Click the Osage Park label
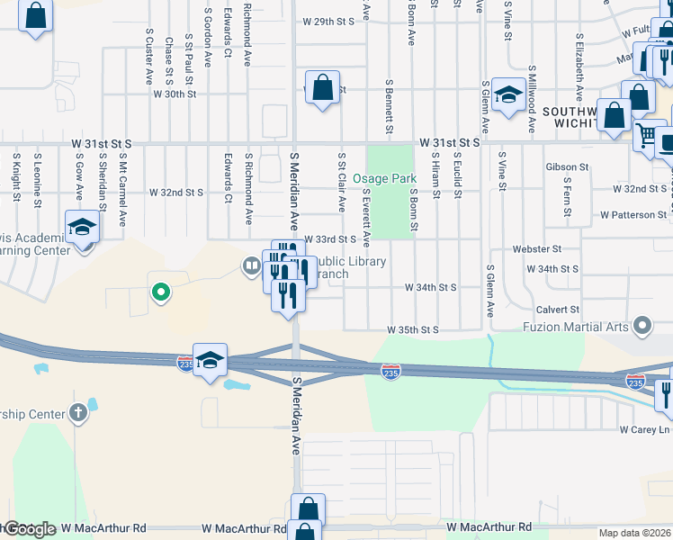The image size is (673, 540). [384, 179]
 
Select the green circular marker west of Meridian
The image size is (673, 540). [161, 292]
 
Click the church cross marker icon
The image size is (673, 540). [79, 413]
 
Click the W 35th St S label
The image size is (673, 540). [413, 330]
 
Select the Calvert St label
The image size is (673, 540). [558, 310]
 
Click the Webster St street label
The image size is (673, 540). [537, 248]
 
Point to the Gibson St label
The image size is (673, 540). [567, 167]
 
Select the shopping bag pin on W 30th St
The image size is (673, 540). [322, 87]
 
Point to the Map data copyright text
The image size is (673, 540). [635, 533]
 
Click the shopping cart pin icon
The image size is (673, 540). [646, 135]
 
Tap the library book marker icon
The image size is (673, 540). [251, 265]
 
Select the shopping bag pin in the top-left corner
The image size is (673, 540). [35, 15]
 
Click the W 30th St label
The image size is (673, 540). [175, 94]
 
